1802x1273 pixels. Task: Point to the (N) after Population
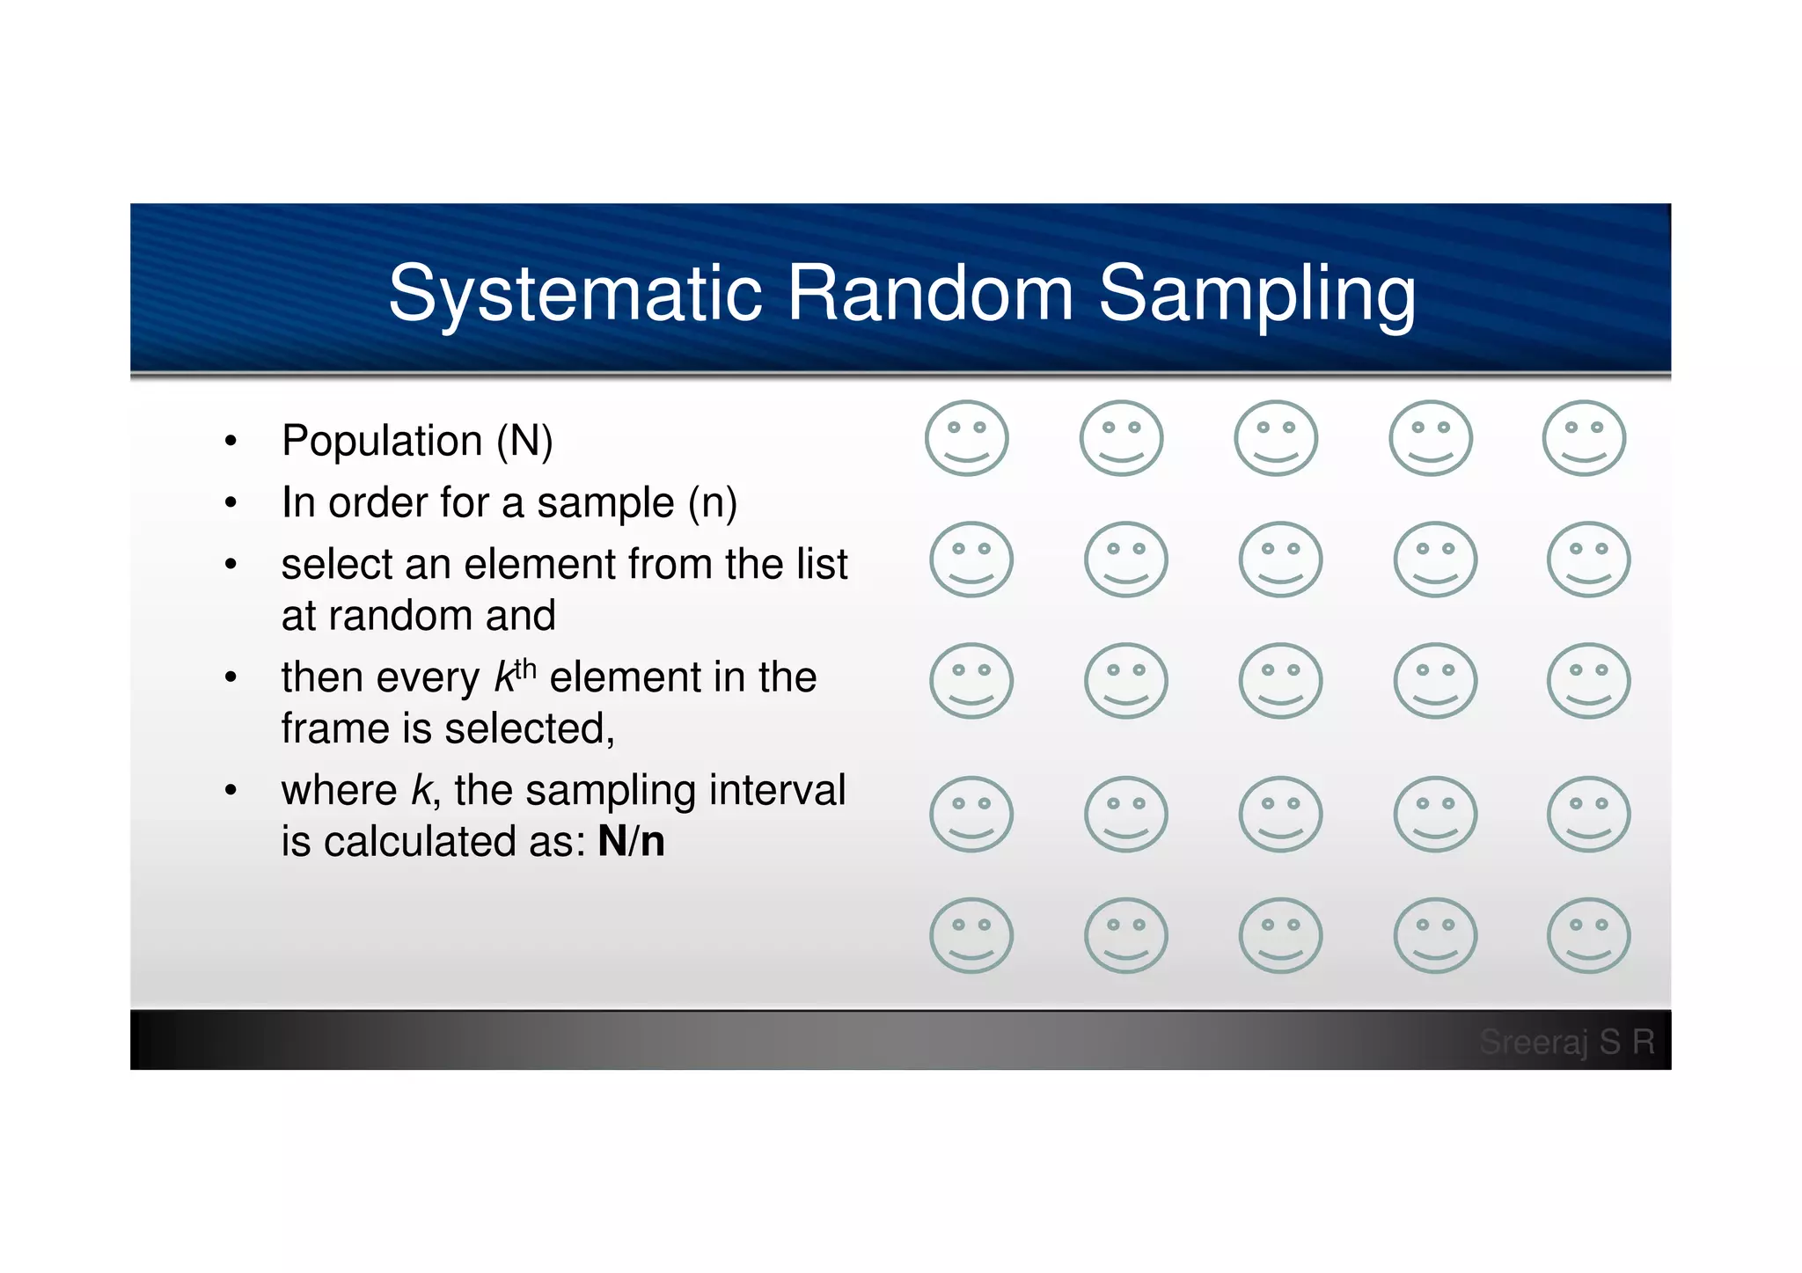[x=524, y=442]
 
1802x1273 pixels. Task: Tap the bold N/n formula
[x=631, y=842]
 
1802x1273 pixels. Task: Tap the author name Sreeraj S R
[x=1566, y=1043]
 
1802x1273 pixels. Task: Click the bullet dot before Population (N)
[x=231, y=442]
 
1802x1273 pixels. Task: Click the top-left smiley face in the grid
[x=966, y=438]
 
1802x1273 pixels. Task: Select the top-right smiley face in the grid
[x=1584, y=438]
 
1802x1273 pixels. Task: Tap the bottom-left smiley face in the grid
[x=971, y=935]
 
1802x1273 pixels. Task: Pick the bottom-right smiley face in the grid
[x=1588, y=935]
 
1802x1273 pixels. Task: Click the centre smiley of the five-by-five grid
[x=1279, y=681]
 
